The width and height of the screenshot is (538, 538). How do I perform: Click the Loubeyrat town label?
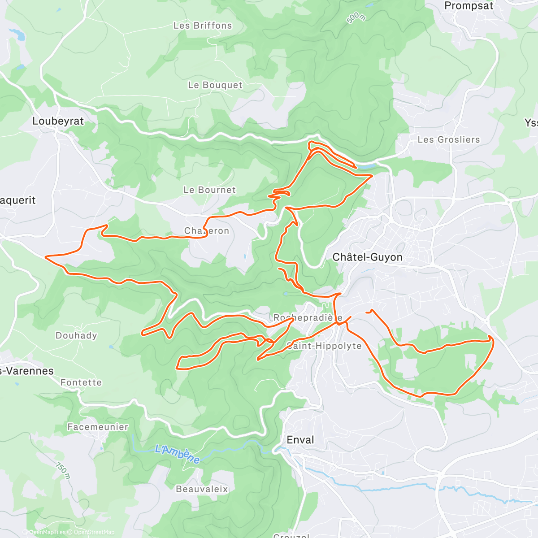(58, 121)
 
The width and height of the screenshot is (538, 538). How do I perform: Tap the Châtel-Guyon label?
(367, 257)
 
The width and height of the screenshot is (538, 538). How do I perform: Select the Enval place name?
(300, 440)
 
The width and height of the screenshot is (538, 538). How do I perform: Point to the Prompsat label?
(469, 6)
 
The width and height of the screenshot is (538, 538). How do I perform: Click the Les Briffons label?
(203, 26)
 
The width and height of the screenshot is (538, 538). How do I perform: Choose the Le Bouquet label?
(215, 85)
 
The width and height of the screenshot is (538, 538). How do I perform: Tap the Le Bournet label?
(209, 190)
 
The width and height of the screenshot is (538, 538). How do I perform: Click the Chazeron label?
(207, 231)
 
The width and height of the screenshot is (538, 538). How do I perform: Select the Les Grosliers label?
(448, 140)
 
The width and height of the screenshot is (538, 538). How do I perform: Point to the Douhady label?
(76, 336)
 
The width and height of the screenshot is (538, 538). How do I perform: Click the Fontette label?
(81, 382)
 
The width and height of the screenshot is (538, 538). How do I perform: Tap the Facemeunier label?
(98, 427)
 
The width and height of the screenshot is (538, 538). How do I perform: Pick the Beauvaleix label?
(202, 489)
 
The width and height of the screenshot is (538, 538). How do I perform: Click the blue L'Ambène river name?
(177, 454)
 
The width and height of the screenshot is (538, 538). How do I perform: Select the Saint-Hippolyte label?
(324, 346)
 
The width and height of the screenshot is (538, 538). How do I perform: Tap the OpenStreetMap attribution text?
(94, 532)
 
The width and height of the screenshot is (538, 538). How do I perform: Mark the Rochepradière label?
(308, 318)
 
